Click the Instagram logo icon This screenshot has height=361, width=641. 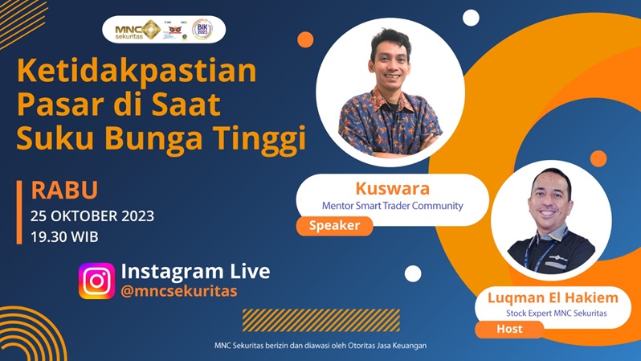click(x=96, y=281)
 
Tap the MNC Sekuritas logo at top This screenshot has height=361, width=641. click(x=137, y=30)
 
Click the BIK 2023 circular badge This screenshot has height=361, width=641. click(x=202, y=30)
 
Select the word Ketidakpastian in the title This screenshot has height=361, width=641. click(x=137, y=72)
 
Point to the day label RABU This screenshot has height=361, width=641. click(x=64, y=191)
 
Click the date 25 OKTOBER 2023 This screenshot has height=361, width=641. click(x=92, y=215)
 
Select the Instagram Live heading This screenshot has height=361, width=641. click(x=195, y=271)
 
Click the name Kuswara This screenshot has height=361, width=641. click(x=392, y=189)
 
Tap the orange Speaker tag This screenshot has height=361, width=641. click(x=334, y=226)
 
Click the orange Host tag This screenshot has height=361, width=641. click(x=509, y=329)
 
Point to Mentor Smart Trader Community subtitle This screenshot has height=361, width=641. click(x=392, y=206)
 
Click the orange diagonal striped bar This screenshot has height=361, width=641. click(x=298, y=320)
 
